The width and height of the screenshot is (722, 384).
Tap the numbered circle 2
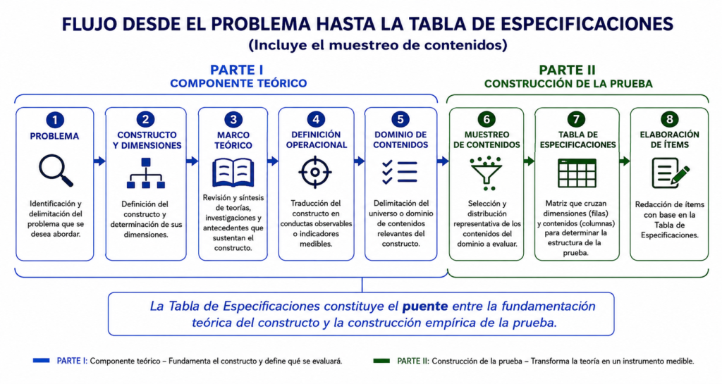pos(145,120)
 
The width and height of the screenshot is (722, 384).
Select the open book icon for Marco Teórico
pos(233,173)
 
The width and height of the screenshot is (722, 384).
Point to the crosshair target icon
pos(315,172)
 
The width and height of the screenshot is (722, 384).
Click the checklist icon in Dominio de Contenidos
pos(400,172)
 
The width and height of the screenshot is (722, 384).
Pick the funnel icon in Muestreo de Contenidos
pos(487,173)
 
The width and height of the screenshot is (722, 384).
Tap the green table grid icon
pos(577,173)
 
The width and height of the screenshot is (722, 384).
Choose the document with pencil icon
pos(671,173)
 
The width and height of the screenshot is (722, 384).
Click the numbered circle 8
pos(670,120)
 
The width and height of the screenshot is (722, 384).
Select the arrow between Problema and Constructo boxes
pos(99,161)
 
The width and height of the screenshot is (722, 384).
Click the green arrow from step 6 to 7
pos(529,161)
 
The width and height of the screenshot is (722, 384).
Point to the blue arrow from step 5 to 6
pos(443,161)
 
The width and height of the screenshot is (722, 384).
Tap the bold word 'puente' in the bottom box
pos(425,306)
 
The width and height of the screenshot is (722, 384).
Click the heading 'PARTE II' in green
pos(568,70)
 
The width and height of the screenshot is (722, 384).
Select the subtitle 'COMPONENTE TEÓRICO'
pos(238,84)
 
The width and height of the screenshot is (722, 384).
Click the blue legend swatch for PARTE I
pos(42,361)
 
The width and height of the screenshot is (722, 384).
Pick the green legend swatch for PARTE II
pos(381,361)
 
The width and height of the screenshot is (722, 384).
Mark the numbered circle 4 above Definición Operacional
pos(316,120)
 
